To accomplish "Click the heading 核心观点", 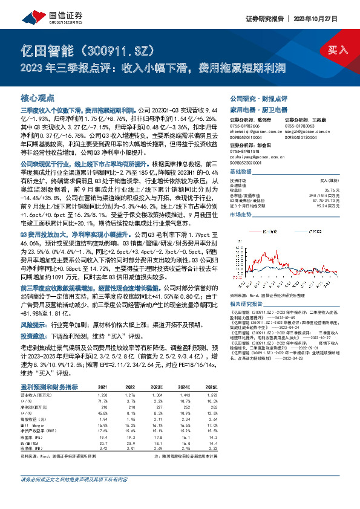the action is pyautogui.click(x=38, y=97).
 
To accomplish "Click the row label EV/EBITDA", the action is pyautogui.click(x=33, y=443).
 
